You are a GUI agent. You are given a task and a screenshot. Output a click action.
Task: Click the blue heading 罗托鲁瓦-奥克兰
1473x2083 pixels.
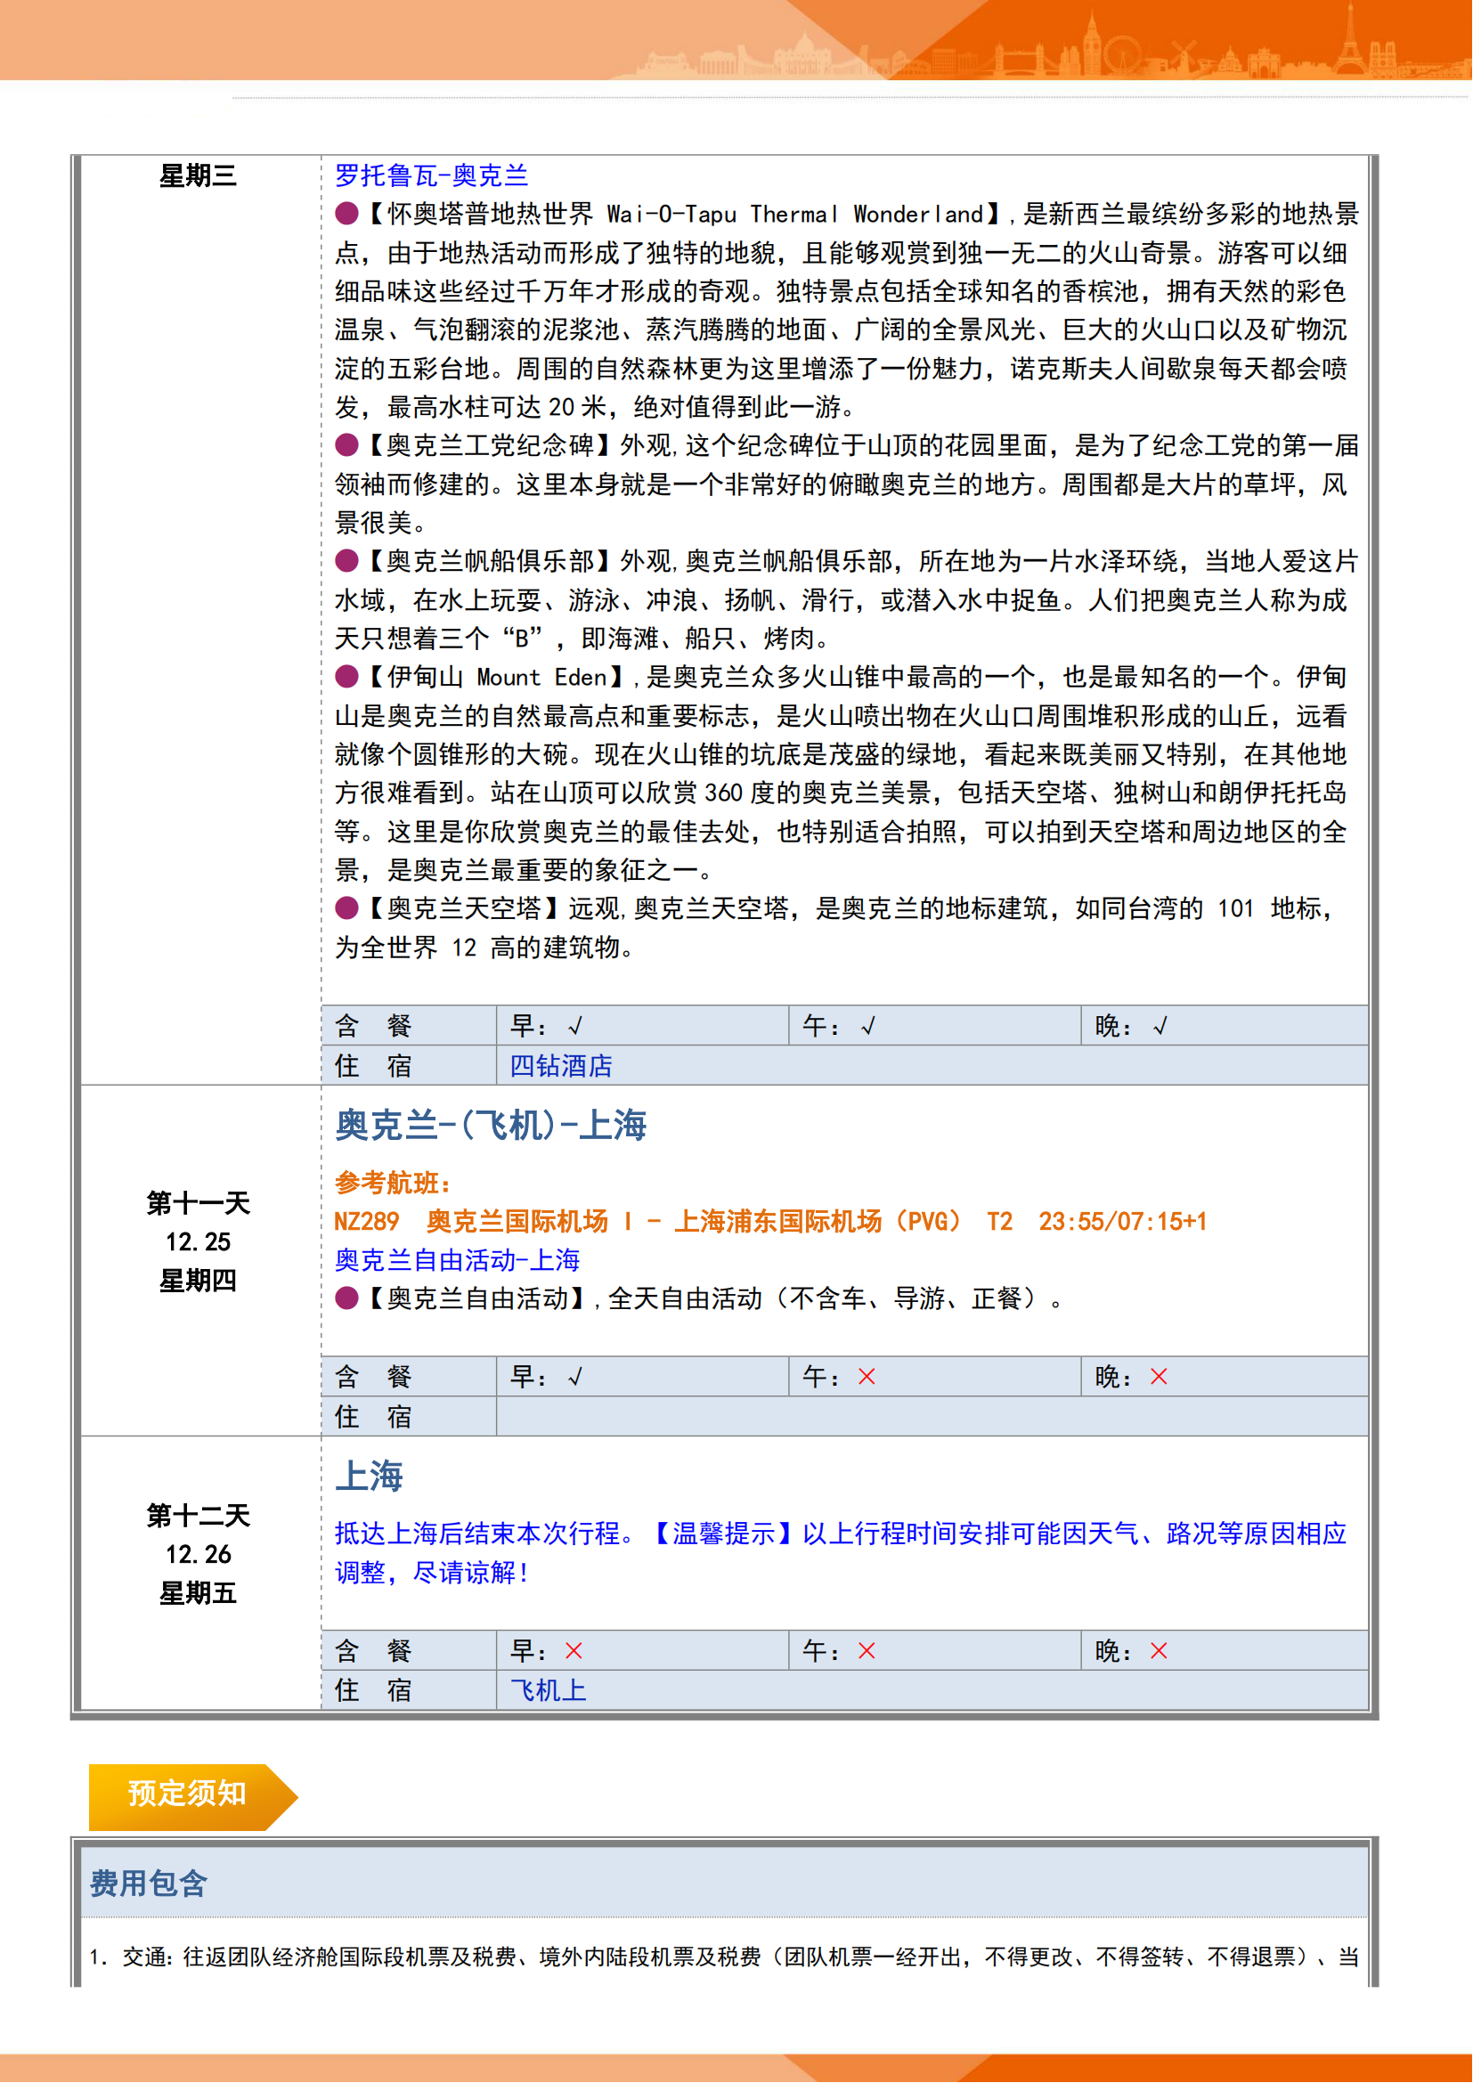431,175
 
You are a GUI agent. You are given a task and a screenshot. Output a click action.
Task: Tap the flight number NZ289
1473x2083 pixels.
366,1221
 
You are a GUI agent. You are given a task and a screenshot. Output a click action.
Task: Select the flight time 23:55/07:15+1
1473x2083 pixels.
1122,1221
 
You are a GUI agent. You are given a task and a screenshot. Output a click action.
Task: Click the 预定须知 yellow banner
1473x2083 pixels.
187,1794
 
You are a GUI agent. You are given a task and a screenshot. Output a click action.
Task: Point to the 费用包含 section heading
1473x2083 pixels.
149,1884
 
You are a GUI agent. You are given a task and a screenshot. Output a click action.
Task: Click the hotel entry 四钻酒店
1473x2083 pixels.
560,1065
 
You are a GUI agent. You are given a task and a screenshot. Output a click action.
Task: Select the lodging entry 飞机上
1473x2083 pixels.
548,1689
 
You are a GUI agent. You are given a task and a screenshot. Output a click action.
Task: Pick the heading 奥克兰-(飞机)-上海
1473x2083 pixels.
490,1125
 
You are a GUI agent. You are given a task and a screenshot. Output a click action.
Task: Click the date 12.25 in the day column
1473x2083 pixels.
198,1241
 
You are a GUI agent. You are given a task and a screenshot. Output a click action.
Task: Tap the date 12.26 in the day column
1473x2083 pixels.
198,1554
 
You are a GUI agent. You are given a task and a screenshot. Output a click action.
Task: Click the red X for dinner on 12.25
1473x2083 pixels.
1159,1376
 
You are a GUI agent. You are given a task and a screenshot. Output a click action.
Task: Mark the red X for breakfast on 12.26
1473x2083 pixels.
574,1650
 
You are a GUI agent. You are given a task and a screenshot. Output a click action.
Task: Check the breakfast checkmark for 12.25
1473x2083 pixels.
574,1377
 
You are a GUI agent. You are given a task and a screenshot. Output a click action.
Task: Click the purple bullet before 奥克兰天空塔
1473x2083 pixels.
346,908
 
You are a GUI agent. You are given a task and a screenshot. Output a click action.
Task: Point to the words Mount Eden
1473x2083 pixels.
541,677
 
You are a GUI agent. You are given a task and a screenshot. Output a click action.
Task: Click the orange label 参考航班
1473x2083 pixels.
392,1182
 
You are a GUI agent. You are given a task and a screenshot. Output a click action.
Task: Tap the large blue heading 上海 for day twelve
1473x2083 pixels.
369,1476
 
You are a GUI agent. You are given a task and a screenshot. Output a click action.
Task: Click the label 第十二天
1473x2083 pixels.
198,1515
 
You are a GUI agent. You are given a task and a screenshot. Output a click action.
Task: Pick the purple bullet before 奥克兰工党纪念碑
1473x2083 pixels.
346,445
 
